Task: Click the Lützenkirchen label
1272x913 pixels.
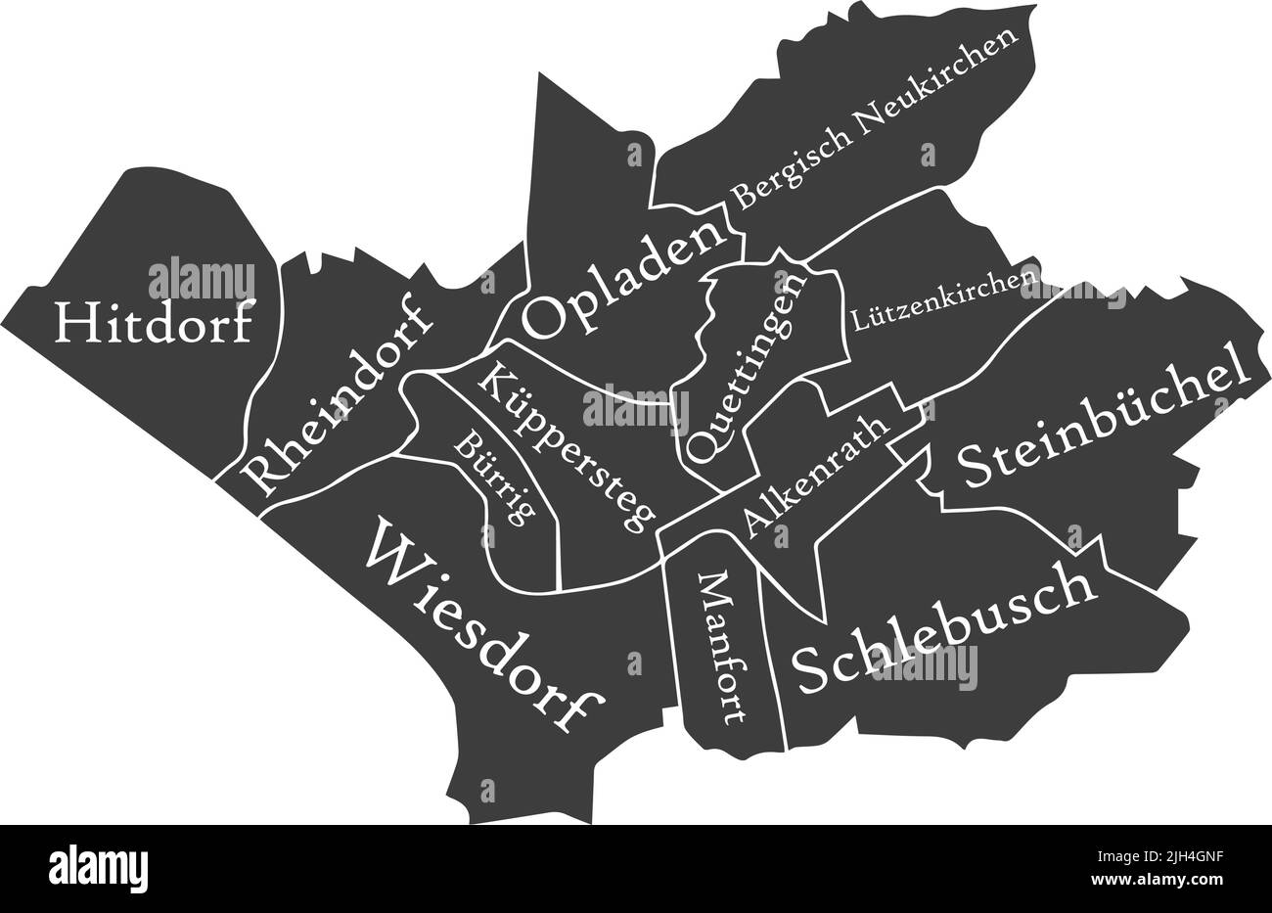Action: coord(944,300)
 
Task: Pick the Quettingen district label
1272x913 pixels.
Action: coord(747,366)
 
